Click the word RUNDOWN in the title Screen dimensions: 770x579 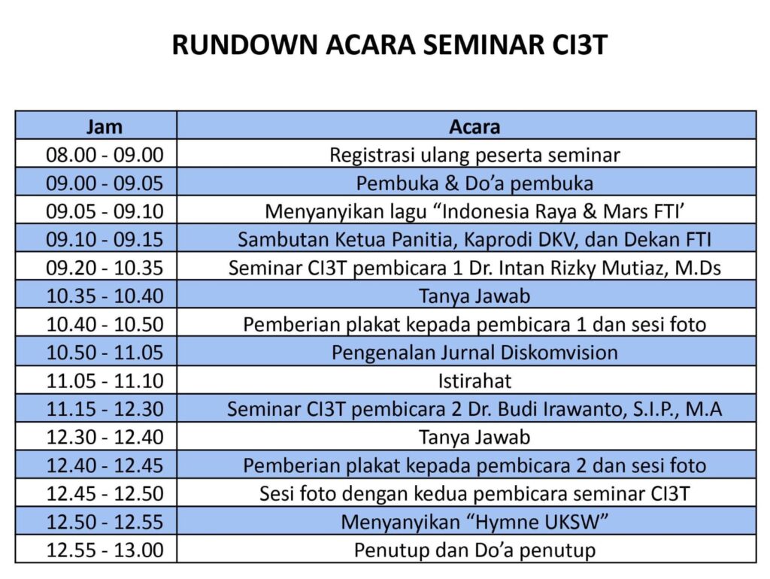click(x=245, y=44)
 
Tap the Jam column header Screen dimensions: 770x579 click(x=104, y=126)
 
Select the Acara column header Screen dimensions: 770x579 click(x=474, y=126)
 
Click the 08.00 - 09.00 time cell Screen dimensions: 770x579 click(x=105, y=155)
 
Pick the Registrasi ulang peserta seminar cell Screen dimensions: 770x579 click(x=474, y=155)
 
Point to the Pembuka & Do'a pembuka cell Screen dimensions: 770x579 click(x=474, y=183)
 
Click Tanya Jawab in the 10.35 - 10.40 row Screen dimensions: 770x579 click(x=474, y=296)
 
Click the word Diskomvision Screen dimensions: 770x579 click(x=559, y=353)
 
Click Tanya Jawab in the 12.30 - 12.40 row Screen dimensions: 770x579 click(x=474, y=437)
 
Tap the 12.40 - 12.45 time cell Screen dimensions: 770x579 click(x=105, y=465)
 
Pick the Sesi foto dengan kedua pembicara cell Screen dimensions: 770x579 click(x=474, y=494)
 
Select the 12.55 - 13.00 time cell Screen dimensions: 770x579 click(x=105, y=550)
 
